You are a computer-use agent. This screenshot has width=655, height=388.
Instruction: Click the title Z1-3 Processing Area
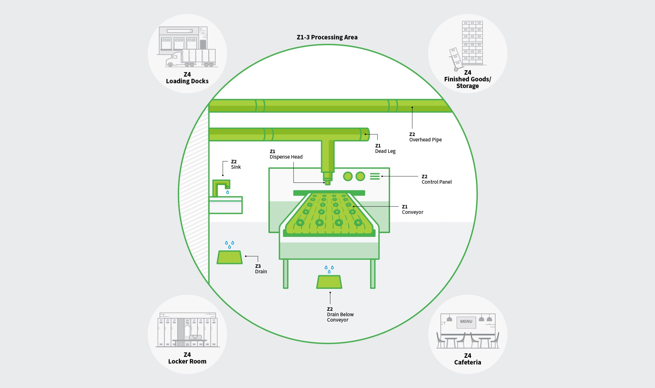[327, 37]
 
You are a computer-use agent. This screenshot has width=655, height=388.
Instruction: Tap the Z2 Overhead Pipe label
[425, 137]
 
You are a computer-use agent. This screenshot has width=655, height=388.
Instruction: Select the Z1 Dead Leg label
[385, 148]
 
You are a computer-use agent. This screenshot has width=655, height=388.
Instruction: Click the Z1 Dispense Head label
[286, 154]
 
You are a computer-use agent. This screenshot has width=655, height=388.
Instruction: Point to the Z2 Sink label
[236, 164]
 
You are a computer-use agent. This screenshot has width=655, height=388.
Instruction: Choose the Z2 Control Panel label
[436, 179]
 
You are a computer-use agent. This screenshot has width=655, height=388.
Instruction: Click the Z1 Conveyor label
[412, 209]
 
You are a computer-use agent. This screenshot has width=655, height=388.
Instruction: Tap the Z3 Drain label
[261, 269]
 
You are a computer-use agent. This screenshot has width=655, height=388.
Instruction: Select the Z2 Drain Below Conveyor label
[340, 315]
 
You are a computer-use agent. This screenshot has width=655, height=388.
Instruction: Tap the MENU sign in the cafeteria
[466, 322]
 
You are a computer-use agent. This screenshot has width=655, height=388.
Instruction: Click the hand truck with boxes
[455, 59]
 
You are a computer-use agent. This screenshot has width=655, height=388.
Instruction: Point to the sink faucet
[221, 188]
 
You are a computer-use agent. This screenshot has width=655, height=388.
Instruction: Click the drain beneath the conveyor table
[329, 282]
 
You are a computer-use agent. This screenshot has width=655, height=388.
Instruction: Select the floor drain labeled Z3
[229, 257]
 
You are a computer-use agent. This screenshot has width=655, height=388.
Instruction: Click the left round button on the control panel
[348, 176]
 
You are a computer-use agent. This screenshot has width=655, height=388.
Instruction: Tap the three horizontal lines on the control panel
[375, 176]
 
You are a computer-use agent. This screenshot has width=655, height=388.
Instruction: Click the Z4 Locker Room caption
[187, 358]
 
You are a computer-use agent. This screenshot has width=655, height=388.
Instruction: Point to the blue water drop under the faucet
[227, 192]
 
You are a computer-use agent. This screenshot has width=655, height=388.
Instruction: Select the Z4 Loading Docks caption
[187, 78]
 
